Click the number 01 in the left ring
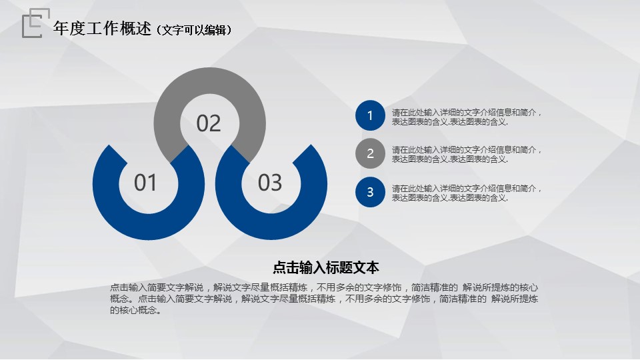pyautogui.click(x=145, y=183)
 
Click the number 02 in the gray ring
pyautogui.click(x=209, y=123)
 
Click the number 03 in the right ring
pyautogui.click(x=270, y=183)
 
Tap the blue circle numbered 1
pyautogui.click(x=370, y=115)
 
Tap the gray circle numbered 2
pyautogui.click(x=370, y=153)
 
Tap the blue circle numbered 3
pyautogui.click(x=370, y=192)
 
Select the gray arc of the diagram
pyautogui.click(x=210, y=81)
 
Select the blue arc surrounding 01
pyautogui.click(x=149, y=226)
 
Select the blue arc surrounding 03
pyautogui.click(x=271, y=226)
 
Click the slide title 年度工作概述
pyautogui.click(x=102, y=29)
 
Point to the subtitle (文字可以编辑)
pyautogui.click(x=194, y=30)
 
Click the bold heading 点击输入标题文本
pyautogui.click(x=326, y=268)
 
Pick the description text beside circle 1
pyautogui.click(x=467, y=117)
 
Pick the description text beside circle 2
pyautogui.click(x=467, y=155)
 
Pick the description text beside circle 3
pyautogui.click(x=467, y=193)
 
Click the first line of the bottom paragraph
pyautogui.click(x=324, y=287)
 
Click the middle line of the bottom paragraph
pyautogui.click(x=324, y=299)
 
